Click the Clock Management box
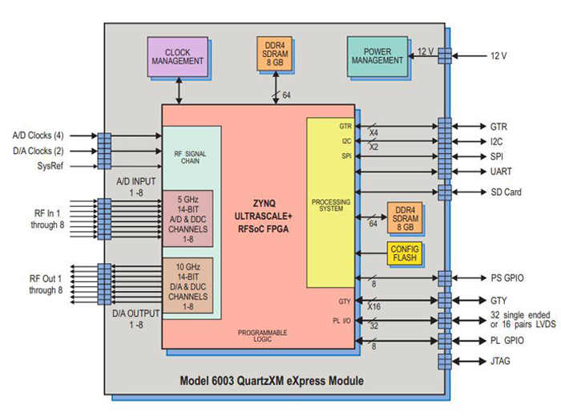[x=177, y=57]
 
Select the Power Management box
[x=377, y=55]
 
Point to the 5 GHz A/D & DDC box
[x=186, y=217]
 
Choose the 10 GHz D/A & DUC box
[x=186, y=285]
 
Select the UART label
[x=502, y=172]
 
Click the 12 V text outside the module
[x=499, y=55]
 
